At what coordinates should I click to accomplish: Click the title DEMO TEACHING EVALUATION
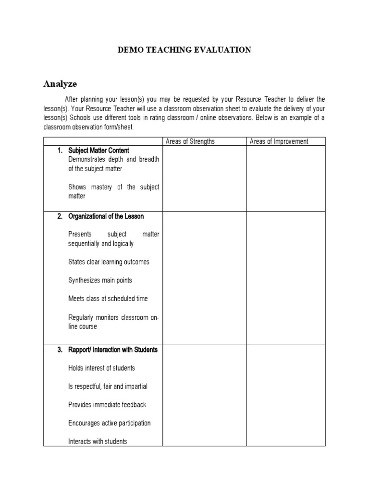pos(184,50)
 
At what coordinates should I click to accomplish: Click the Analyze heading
pos(60,84)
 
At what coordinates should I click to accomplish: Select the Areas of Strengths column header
pos(190,141)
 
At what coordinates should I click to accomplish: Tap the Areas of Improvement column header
pos(279,141)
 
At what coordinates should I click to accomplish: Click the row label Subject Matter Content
pos(98,151)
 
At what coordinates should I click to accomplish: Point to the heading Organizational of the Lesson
pos(106,216)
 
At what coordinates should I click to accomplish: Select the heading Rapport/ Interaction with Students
pos(112,350)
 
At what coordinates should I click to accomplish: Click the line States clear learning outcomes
pos(109,262)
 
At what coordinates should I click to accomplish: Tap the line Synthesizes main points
pos(100,280)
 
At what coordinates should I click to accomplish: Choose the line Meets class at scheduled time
pos(108,298)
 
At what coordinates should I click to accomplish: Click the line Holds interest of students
pos(101,368)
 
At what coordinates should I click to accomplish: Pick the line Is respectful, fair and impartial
pos(108,386)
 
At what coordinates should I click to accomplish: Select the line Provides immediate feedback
pos(107,405)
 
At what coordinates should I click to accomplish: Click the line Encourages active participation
pos(110,423)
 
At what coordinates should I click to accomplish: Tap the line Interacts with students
pos(98,441)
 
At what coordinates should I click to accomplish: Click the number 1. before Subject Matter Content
pos(60,151)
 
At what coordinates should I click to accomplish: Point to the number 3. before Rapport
pos(60,350)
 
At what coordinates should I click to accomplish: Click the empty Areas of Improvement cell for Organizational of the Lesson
pos(286,278)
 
